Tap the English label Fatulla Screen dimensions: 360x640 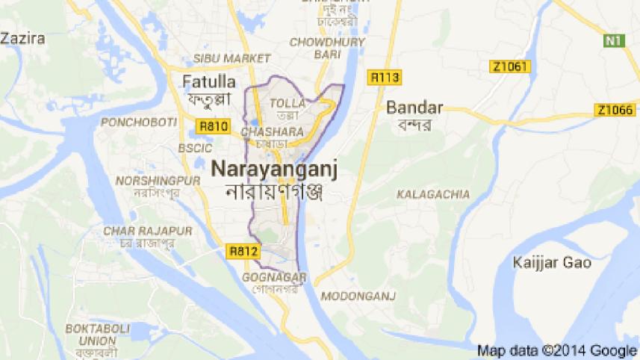[210, 81]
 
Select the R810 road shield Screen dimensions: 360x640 [213, 126]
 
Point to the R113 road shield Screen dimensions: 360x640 [385, 76]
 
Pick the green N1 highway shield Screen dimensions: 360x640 [614, 40]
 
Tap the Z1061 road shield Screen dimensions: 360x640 [510, 67]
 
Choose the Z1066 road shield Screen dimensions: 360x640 [615, 111]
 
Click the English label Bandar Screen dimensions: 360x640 [414, 108]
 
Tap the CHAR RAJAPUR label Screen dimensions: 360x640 [139, 229]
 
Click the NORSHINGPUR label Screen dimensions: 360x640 [147, 181]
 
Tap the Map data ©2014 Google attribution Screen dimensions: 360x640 [556, 350]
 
